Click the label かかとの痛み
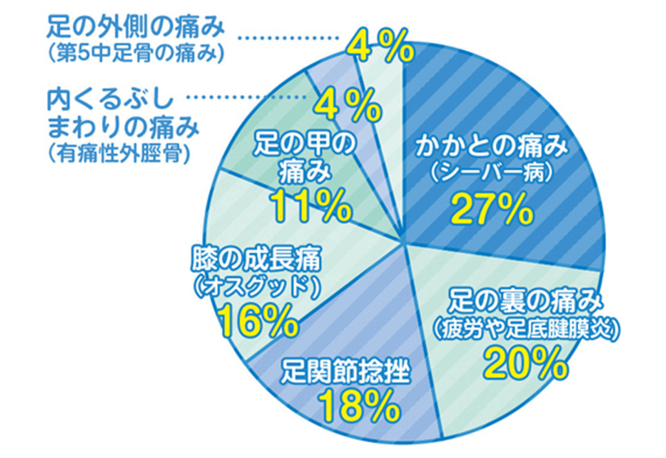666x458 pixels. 492,147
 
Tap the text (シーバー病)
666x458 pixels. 492,174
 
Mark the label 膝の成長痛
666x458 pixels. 256,259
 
